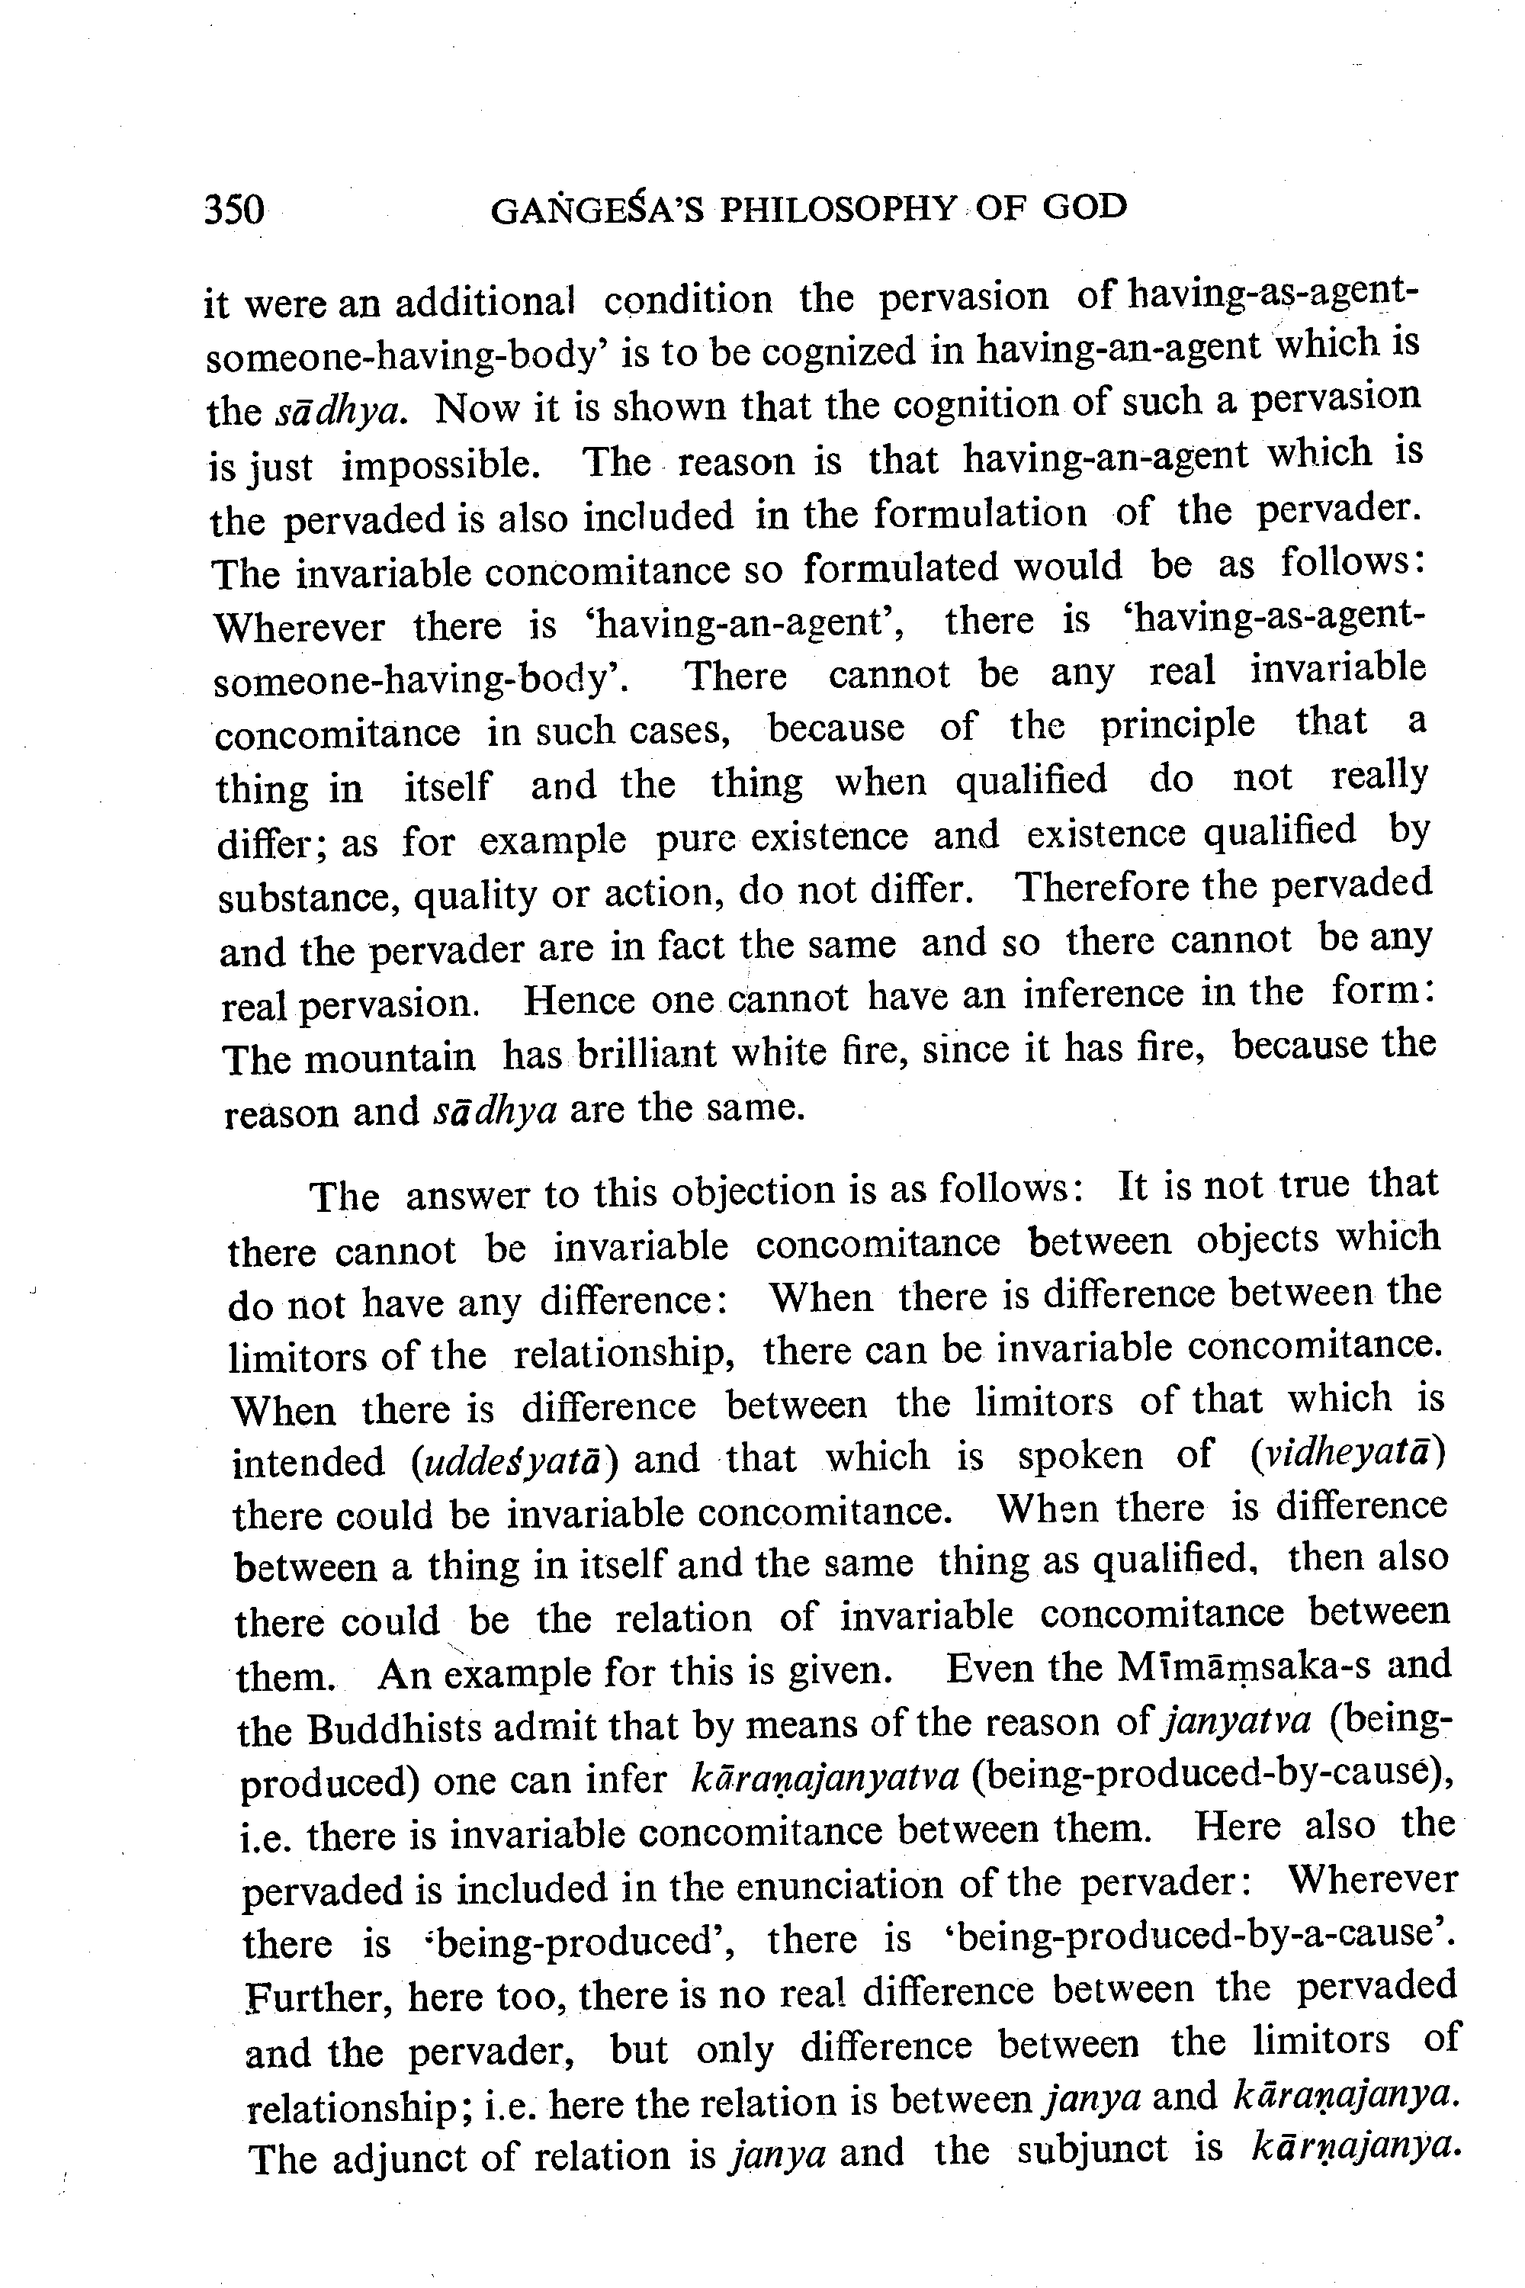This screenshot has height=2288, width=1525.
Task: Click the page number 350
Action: pyautogui.click(x=234, y=209)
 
